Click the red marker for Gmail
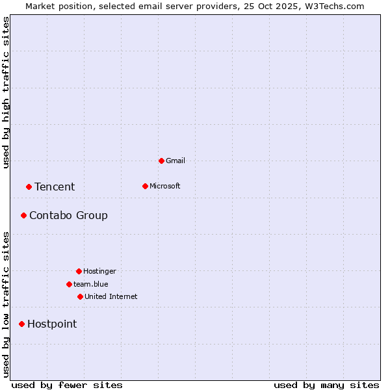[x=161, y=161]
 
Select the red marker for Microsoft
[x=145, y=186]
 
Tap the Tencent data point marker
[x=29, y=187]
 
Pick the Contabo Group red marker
[x=23, y=215]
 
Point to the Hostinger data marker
[x=79, y=271]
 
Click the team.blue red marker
[x=69, y=284]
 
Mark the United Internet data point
[x=80, y=296]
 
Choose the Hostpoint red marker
[x=21, y=324]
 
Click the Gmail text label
[x=175, y=161]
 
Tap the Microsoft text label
[x=165, y=186]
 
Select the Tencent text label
[x=55, y=187]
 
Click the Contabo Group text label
[x=68, y=215]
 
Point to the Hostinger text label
[x=99, y=271]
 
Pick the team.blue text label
[x=91, y=284]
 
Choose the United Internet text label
[x=111, y=296]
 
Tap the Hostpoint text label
[x=52, y=324]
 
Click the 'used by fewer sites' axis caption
[x=67, y=385]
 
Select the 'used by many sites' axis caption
[x=326, y=385]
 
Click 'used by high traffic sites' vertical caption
[x=6, y=92]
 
